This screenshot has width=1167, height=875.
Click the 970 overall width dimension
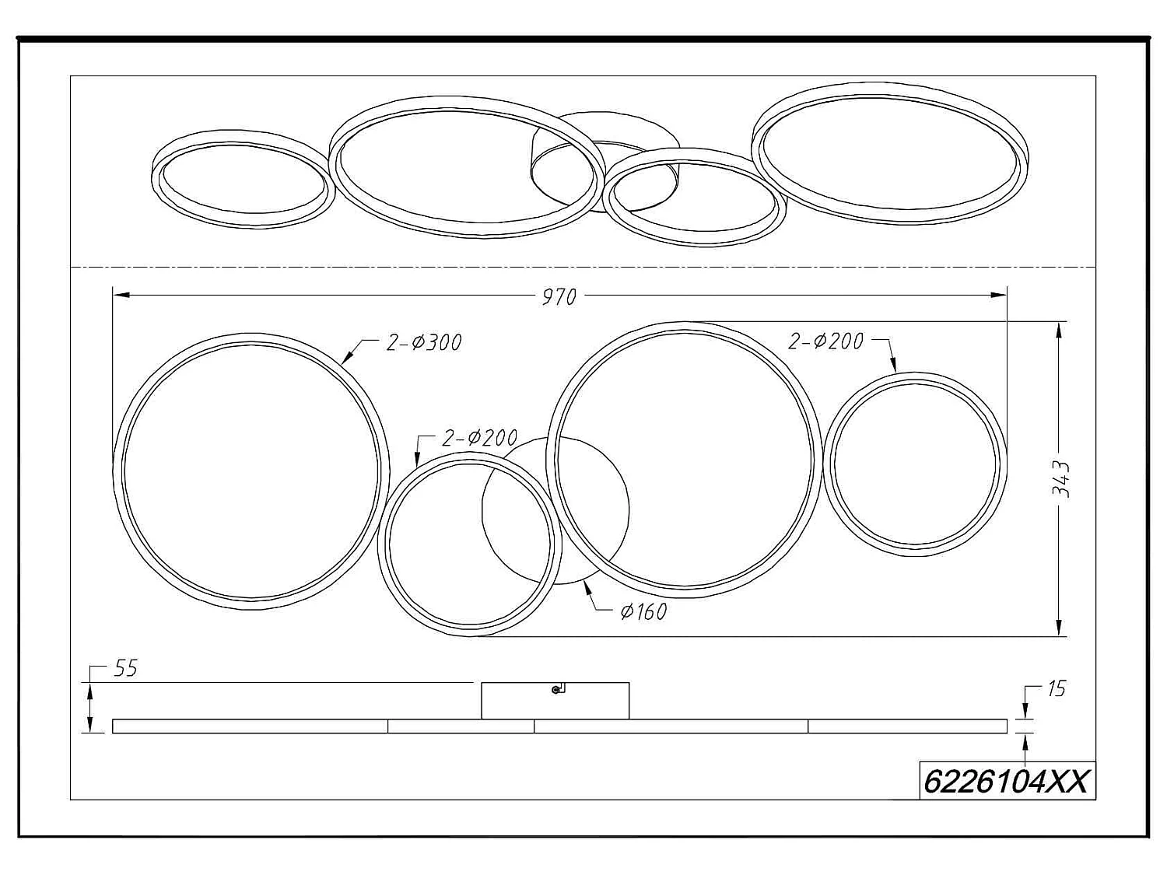559,297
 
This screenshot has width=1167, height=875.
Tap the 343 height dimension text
1060,480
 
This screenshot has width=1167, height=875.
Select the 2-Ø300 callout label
424,343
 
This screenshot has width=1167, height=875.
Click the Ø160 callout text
643,612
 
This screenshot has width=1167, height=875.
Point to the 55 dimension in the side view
126,668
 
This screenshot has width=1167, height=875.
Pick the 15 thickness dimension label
1056,689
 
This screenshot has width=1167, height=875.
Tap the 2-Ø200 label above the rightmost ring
825,341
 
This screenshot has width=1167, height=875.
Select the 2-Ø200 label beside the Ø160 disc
479,438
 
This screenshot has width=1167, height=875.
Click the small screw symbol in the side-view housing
558,689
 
